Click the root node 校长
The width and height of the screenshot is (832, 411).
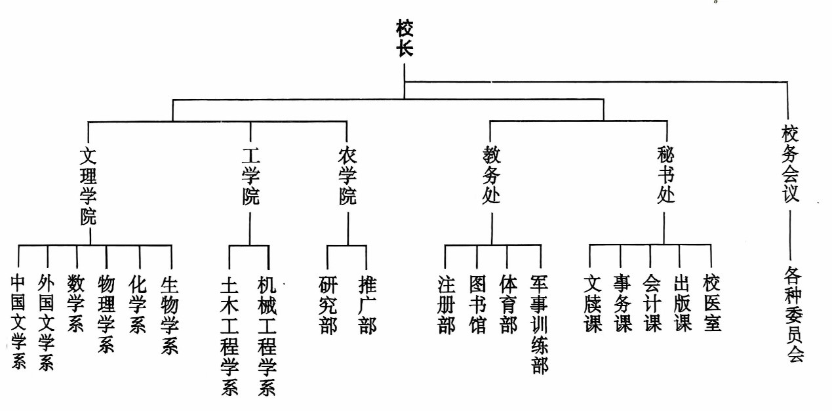(x=405, y=39)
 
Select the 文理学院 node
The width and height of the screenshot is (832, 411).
(x=89, y=186)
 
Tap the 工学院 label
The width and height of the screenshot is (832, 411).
(x=250, y=178)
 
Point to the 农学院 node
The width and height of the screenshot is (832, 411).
(x=347, y=178)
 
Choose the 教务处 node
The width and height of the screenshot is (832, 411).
(x=492, y=178)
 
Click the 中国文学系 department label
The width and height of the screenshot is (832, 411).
(x=18, y=321)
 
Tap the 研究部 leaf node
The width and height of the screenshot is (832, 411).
(x=328, y=305)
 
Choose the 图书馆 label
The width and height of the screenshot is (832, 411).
(x=477, y=304)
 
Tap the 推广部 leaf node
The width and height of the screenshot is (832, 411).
(x=367, y=305)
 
